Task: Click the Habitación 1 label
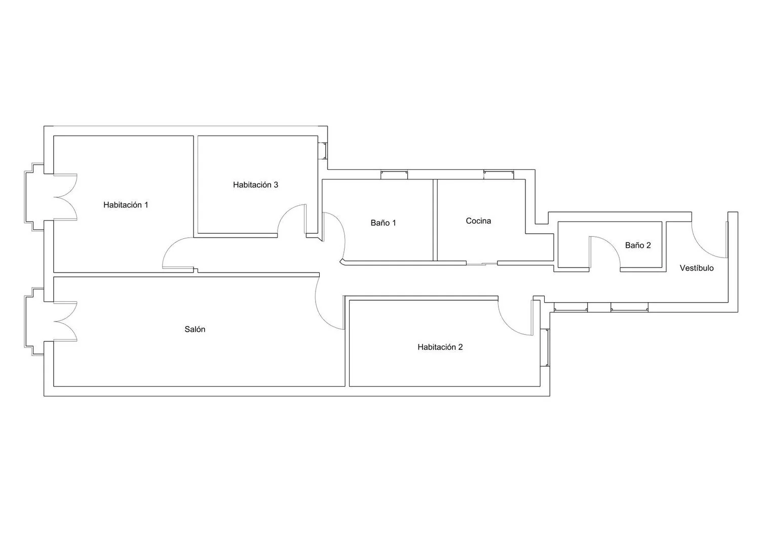(126, 205)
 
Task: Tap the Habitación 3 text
(255, 185)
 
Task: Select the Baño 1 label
(383, 223)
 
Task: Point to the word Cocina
(478, 221)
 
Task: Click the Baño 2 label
(638, 245)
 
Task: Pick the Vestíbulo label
(697, 268)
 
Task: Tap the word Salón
(195, 329)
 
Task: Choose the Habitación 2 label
(440, 347)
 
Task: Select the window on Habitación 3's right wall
(323, 151)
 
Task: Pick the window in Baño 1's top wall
(394, 175)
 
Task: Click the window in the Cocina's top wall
(499, 175)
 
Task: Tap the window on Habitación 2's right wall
(545, 347)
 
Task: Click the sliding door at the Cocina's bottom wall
(482, 264)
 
